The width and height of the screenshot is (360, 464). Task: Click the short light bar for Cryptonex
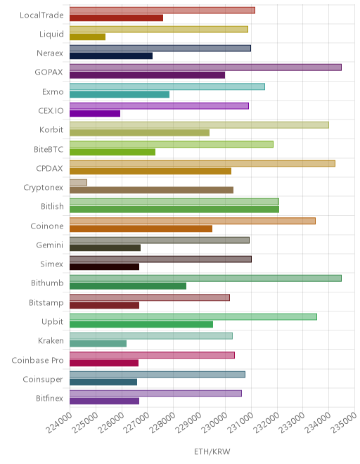coord(78,182)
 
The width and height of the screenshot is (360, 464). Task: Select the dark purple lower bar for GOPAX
coord(147,75)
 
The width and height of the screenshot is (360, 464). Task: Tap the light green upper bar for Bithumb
coord(205,278)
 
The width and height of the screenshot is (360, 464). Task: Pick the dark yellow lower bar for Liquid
coord(87,37)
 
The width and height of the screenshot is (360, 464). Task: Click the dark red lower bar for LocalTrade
coord(116,18)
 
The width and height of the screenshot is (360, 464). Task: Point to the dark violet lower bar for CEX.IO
coord(95,113)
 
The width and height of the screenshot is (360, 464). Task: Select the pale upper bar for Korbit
coord(199,125)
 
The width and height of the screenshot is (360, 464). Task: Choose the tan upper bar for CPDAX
coord(202,163)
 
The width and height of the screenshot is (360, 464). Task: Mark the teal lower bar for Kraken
coord(98,343)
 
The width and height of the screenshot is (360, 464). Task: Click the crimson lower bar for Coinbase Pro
coord(104,363)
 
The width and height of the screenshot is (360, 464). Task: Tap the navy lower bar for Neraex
coord(111,56)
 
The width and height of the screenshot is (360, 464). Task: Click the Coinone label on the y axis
coord(47,226)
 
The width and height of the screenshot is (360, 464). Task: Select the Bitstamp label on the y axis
coord(46,303)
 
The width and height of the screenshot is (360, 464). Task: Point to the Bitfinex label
coord(49,399)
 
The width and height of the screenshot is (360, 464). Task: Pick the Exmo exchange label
coord(53,91)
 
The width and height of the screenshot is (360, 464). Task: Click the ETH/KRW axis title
coord(212,451)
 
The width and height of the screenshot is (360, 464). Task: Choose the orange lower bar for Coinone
coord(141,228)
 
